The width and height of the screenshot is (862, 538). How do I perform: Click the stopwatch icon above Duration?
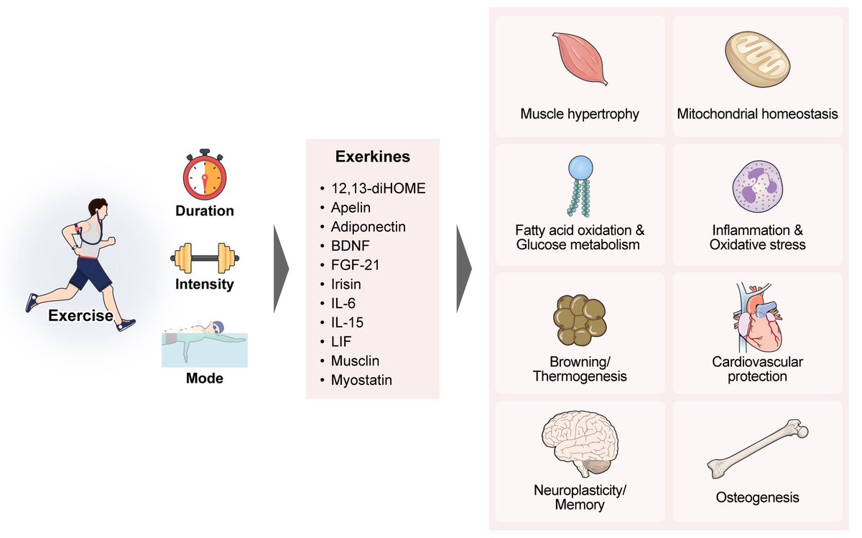tap(204, 177)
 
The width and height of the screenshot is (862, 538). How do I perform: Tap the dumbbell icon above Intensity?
tap(205, 258)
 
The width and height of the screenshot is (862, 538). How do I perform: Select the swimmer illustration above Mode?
tap(204, 343)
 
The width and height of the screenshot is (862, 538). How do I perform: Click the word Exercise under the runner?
tap(80, 315)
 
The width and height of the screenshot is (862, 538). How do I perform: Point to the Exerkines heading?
tap(373, 157)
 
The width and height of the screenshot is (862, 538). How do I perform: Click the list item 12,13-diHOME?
tap(379, 189)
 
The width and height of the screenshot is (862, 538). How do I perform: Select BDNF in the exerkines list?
tap(351, 246)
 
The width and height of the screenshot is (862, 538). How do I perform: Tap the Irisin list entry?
tap(346, 284)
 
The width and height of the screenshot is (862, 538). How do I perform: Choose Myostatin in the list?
tap(361, 380)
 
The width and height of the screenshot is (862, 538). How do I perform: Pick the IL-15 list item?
tap(347, 323)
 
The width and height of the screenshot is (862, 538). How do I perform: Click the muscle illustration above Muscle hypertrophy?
tap(580, 58)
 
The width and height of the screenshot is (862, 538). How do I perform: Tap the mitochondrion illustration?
tap(757, 58)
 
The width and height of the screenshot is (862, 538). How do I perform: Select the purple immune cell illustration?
tap(758, 187)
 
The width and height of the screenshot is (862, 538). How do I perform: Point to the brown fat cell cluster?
tap(580, 320)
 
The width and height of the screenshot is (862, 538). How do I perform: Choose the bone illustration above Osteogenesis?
tap(757, 449)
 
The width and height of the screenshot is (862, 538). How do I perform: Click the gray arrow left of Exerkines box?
tap(281, 269)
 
